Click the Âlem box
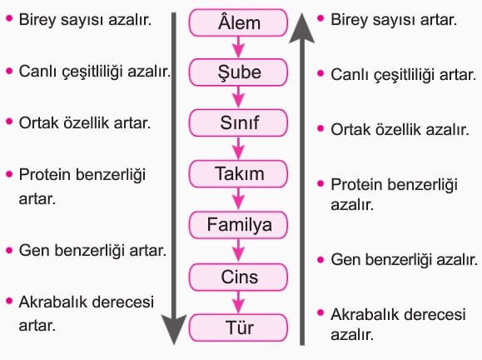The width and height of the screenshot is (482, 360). click(x=238, y=22)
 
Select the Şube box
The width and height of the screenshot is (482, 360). click(x=238, y=72)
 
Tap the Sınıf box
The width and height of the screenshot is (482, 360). click(x=238, y=122)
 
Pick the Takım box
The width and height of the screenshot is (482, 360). click(x=238, y=173)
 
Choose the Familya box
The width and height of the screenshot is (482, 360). click(x=238, y=225)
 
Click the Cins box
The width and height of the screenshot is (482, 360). click(x=238, y=277)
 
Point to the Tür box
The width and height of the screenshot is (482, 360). click(x=238, y=327)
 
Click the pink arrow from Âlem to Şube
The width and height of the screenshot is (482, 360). click(x=238, y=47)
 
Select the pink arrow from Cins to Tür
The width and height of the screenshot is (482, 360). click(x=238, y=302)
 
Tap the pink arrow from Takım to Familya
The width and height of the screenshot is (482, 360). click(x=238, y=199)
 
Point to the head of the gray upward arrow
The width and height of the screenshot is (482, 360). click(x=302, y=27)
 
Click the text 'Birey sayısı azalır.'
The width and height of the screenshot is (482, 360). click(x=85, y=20)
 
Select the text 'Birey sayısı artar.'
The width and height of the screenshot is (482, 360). click(x=394, y=20)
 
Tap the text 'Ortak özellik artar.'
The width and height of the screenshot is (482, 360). click(x=85, y=122)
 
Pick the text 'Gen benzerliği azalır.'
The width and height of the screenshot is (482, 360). click(x=405, y=260)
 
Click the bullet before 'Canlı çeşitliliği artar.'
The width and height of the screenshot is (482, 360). click(x=321, y=73)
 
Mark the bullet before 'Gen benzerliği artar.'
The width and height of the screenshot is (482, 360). click(x=9, y=250)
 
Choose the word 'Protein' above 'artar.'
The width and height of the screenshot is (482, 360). click(x=45, y=174)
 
